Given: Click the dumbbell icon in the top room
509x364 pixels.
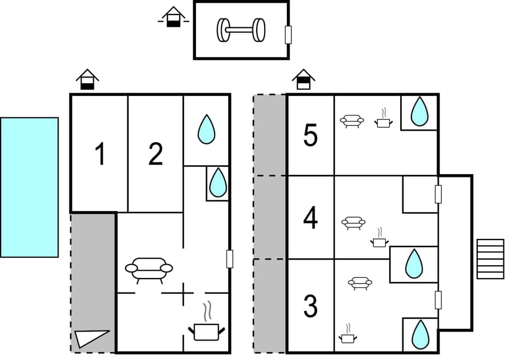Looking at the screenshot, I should coord(241,30).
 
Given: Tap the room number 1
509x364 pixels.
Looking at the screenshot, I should coord(100,155).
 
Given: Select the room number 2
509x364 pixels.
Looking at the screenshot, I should coord(156,155).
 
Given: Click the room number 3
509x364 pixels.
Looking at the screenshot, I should coord(310,306).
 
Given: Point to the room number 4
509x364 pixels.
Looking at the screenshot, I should coord(310,218).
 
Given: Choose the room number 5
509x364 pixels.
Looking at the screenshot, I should coord(310,136).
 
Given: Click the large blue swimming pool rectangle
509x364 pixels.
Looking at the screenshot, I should coord(29,187).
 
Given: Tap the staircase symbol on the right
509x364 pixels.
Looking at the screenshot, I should coord(491,259).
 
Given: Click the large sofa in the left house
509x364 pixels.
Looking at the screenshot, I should coord(149,269).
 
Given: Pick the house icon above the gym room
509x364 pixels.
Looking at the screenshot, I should coord(174,17).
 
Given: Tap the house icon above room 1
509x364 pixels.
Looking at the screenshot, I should coord(87,79).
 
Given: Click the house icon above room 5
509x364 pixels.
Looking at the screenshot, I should coord(303,79).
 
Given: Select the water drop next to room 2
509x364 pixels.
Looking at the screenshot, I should coord(207,129).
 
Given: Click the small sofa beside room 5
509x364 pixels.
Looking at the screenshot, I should coord(352,121).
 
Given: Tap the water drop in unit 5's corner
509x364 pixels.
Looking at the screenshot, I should coord(420,112).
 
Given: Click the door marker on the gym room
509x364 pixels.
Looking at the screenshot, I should coord(288,35).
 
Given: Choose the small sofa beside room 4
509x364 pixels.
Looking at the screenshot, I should coord(353,223).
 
